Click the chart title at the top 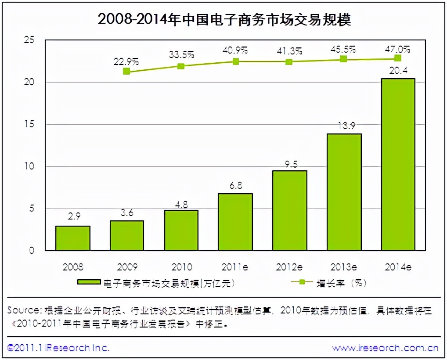click(x=224, y=20)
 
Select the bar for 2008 click(x=73, y=238)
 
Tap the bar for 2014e click(x=398, y=165)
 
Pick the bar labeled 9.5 click(x=289, y=211)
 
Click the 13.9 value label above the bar click(x=344, y=126)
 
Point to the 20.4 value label click(x=398, y=71)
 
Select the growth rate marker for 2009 click(x=126, y=71)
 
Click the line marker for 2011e click(x=236, y=61)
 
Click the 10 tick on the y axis click(x=29, y=167)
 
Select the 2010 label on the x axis click(x=181, y=266)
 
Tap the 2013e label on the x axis click(x=344, y=266)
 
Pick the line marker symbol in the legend click(x=306, y=283)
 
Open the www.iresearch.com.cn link click(x=385, y=348)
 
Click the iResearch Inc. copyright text click(x=59, y=348)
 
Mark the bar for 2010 click(x=181, y=230)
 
